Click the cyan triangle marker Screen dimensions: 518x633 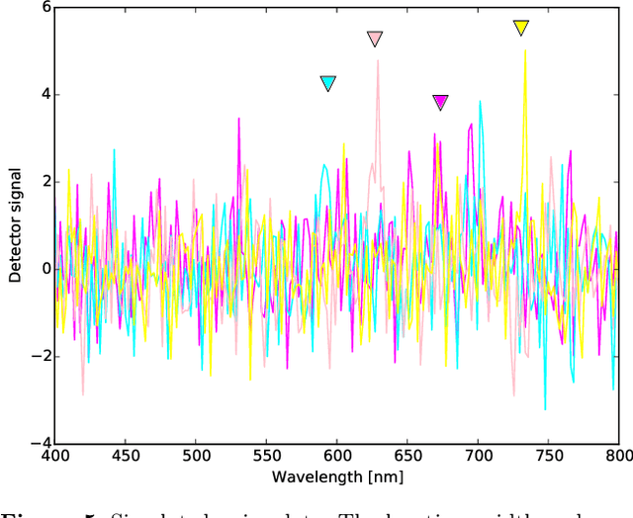[x=328, y=84]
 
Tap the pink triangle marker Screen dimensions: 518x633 [x=375, y=39]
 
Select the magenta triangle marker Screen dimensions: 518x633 [x=440, y=102]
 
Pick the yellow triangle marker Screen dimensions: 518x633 [x=521, y=28]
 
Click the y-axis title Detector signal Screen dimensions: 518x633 [x=15, y=225]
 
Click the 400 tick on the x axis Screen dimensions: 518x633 [x=55, y=456]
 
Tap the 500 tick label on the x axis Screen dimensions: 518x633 [x=197, y=456]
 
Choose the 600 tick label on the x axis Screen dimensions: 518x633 [x=337, y=456]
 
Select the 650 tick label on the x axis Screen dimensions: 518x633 [x=407, y=456]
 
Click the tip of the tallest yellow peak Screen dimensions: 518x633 [x=524, y=51]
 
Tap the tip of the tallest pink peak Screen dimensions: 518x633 [x=377, y=61]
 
